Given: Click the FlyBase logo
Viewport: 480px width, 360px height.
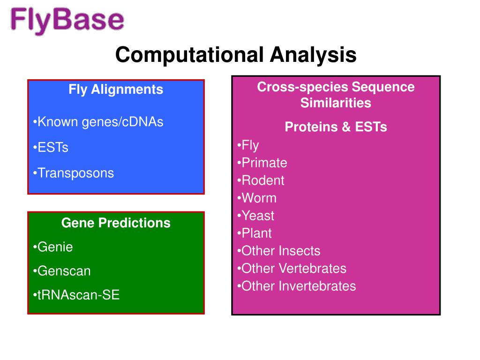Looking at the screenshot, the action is [x=67, y=21].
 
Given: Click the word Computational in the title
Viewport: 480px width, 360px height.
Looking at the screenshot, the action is [x=189, y=55].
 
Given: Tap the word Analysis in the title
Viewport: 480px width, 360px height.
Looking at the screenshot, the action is [x=313, y=55].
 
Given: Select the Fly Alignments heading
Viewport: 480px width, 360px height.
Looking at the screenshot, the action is [x=116, y=90].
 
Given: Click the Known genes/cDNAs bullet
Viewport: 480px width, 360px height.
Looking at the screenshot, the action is [x=98, y=122].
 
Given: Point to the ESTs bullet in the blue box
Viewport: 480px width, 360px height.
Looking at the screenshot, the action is [x=51, y=148].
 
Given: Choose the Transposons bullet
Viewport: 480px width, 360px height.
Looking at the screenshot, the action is [x=74, y=173].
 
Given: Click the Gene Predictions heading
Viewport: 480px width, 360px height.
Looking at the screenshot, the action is [x=116, y=223].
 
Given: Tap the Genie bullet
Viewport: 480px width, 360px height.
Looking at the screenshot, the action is [x=52, y=247].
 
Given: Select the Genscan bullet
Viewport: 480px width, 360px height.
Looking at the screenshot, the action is [x=61, y=271].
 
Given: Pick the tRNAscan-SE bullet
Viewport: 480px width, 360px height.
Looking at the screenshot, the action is [x=76, y=295].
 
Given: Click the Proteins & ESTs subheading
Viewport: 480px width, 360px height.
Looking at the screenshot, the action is [x=336, y=127].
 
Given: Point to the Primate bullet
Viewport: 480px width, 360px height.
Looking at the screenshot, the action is [x=262, y=163].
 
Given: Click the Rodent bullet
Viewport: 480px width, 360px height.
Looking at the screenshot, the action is [x=261, y=180].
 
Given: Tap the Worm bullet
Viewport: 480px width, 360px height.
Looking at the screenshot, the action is [x=257, y=198].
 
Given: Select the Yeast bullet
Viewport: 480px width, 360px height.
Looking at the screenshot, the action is [x=255, y=216].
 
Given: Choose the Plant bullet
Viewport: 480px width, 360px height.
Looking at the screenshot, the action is [x=255, y=233].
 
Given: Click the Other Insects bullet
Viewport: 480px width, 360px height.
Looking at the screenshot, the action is [x=279, y=251].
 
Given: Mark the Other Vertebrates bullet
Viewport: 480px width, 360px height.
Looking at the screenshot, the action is [x=292, y=269].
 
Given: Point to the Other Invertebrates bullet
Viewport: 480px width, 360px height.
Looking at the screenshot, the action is [x=297, y=286].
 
